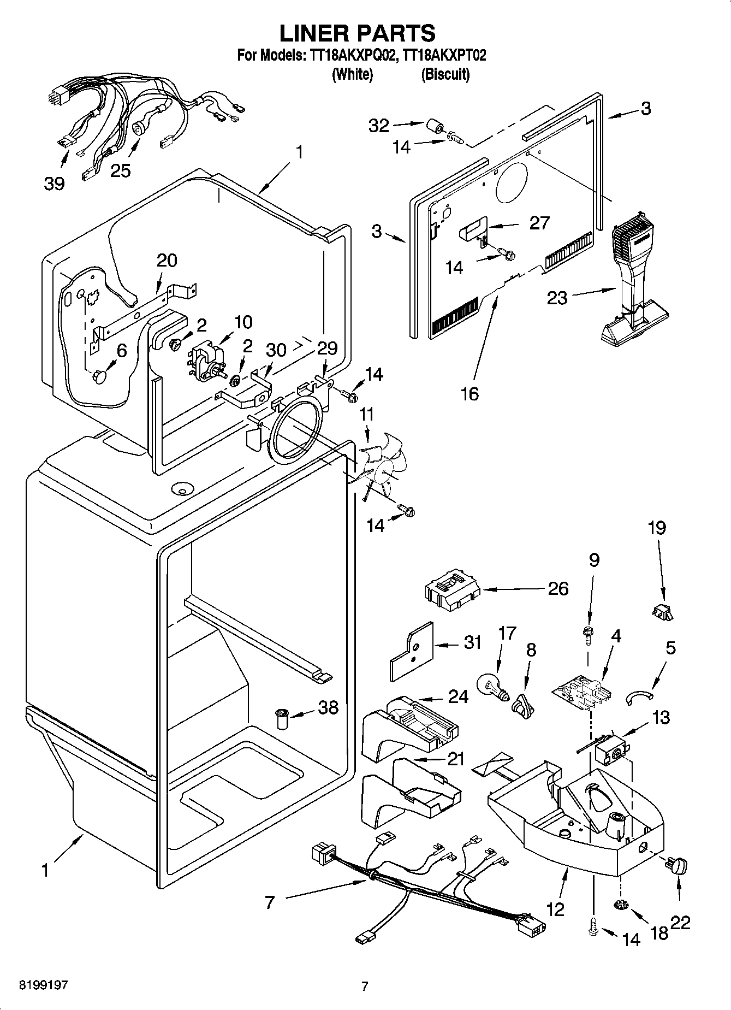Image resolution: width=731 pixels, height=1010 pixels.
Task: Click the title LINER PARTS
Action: coord(358,33)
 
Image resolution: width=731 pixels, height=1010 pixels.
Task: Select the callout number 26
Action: coord(558,589)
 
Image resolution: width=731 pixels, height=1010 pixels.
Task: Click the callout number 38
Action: coord(328,708)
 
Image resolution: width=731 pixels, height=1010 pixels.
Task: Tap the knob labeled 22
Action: coord(676,865)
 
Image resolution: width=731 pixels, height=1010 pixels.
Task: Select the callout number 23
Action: coord(557,298)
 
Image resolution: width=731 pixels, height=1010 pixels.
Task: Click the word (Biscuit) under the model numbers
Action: coord(445,74)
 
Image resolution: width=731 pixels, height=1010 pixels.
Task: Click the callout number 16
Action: coord(469,393)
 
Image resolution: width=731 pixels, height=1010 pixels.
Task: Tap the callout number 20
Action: coord(167,261)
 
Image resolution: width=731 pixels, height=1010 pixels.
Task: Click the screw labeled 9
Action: coord(589,634)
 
